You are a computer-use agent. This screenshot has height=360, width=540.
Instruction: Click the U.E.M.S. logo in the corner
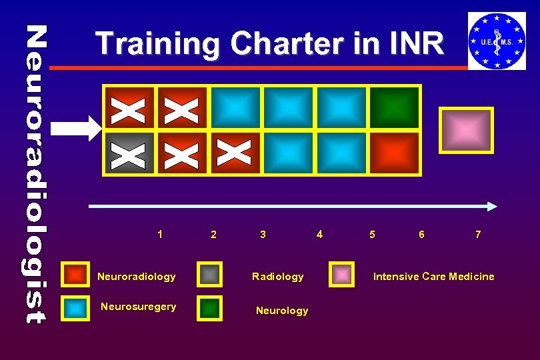[496, 41]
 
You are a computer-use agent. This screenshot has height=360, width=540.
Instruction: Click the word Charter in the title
[279, 44]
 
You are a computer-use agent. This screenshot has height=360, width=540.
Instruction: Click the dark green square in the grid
[395, 107]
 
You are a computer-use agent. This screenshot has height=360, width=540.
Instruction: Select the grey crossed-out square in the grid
[129, 153]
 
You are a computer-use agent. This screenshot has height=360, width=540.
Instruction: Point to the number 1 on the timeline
[160, 234]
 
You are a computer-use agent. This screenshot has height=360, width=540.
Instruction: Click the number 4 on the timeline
[319, 234]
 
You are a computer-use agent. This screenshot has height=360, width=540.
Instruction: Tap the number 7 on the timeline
[478, 234]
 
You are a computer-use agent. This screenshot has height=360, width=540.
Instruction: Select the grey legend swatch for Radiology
[210, 275]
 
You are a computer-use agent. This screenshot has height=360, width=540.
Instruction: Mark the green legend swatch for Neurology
[210, 308]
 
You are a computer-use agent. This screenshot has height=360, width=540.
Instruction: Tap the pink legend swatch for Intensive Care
[343, 275]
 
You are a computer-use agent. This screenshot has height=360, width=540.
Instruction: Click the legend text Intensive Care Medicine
[433, 276]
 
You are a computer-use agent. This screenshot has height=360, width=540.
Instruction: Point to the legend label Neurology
[282, 311]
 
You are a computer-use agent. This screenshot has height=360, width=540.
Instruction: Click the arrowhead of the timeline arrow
[491, 207]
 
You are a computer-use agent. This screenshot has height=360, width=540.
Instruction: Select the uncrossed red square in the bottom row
[395, 153]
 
